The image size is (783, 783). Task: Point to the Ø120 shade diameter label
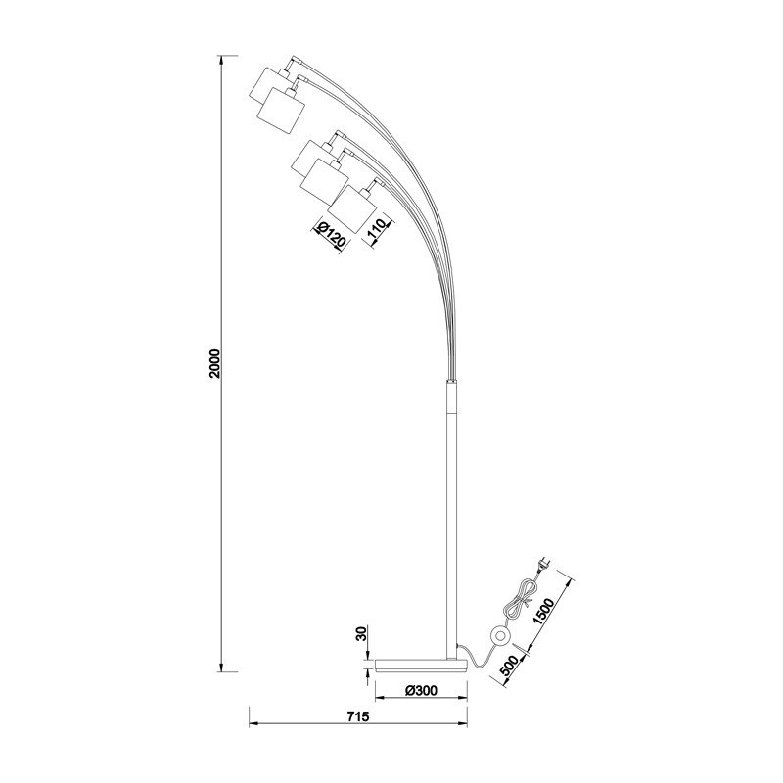(x=331, y=235)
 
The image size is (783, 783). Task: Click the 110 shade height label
(x=377, y=231)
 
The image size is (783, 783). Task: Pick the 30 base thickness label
(x=361, y=633)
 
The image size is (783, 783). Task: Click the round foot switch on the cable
(x=500, y=637)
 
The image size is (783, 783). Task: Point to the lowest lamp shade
(x=352, y=207)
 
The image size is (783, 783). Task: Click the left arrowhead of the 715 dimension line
(x=252, y=725)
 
